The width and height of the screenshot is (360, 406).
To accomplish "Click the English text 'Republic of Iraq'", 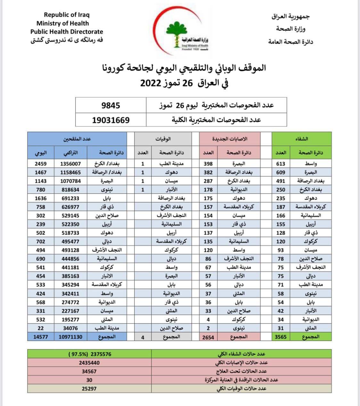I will coord(67,15).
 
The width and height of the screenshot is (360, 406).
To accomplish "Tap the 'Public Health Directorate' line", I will coord(67,32).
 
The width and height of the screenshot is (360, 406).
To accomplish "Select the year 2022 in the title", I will coord(150,83).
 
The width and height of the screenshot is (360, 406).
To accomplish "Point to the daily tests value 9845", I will coord(110,105).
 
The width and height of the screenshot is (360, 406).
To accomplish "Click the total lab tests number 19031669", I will coord(111,120).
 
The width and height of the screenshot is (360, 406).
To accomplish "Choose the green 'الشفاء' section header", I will coord(301,139).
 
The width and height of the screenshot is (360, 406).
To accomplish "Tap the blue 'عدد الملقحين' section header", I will coord(77,139).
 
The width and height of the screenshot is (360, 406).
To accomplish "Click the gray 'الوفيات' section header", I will coord(163,139).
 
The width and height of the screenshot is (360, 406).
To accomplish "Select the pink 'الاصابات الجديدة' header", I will coord(230,139).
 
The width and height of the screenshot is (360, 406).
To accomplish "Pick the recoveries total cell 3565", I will coord(281,337).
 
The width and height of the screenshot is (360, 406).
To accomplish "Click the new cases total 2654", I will coord(208,337).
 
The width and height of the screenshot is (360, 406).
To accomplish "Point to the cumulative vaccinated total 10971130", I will coord(70,337).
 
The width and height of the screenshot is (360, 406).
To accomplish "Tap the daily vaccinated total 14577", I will coord(41,337).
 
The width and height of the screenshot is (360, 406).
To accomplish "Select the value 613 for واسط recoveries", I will coord(281,163).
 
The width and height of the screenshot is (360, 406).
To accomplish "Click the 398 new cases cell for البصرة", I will coord(208,163).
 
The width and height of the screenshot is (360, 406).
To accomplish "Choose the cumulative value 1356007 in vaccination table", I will coord(70,163).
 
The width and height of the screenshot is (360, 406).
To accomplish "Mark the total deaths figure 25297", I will coord(89,388).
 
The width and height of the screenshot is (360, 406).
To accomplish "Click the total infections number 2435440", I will coord(89,363).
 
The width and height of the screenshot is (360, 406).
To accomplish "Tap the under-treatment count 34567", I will coord(89,371).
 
